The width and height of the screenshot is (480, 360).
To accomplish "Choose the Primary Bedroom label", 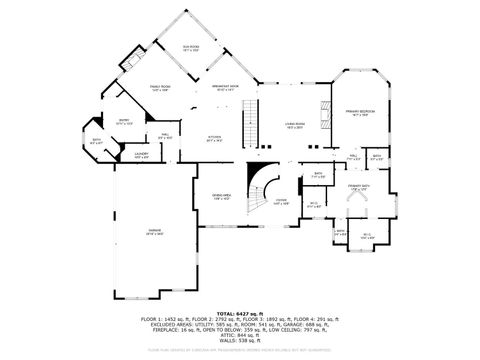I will [x=359, y=112].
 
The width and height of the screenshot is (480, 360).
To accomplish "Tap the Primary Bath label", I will [x=358, y=188].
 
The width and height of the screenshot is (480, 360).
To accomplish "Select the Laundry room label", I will [x=142, y=155].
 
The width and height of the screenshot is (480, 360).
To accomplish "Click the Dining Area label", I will [x=221, y=196].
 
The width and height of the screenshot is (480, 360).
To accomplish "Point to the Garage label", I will [x=155, y=232].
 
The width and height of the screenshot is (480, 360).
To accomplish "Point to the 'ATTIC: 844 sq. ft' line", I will [x=240, y=333].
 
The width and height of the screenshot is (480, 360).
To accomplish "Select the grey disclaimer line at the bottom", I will [x=240, y=350].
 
